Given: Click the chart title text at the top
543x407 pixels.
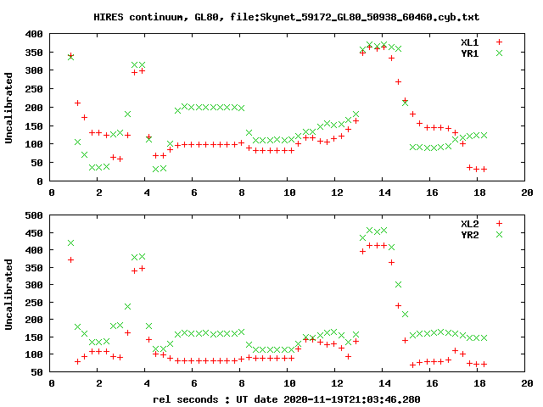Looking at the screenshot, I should click(271, 16).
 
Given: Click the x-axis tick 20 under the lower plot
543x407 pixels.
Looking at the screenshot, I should click(527, 384).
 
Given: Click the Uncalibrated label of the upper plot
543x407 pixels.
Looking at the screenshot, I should click(9, 108).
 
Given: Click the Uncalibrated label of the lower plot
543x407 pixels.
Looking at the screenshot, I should click(9, 293).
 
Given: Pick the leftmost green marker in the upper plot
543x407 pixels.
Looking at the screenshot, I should click(70, 57).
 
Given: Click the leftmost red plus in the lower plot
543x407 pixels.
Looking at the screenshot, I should click(70, 259).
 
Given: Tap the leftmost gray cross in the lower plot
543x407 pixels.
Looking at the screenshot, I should click(70, 243).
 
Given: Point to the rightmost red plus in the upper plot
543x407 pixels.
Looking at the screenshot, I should click(484, 169).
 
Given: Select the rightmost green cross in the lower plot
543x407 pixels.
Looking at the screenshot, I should click(484, 337).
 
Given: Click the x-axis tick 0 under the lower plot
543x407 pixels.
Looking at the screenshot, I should click(51, 384).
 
